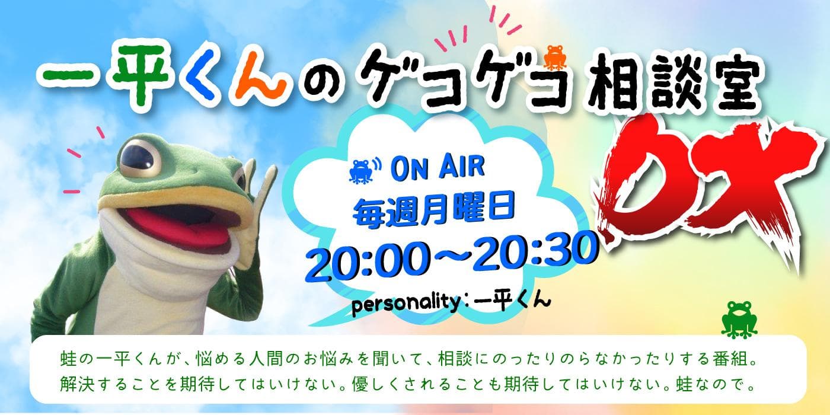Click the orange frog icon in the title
555,58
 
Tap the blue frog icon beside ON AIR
361,171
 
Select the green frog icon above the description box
739,320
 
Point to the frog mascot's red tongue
178,226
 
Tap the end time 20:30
535,251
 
